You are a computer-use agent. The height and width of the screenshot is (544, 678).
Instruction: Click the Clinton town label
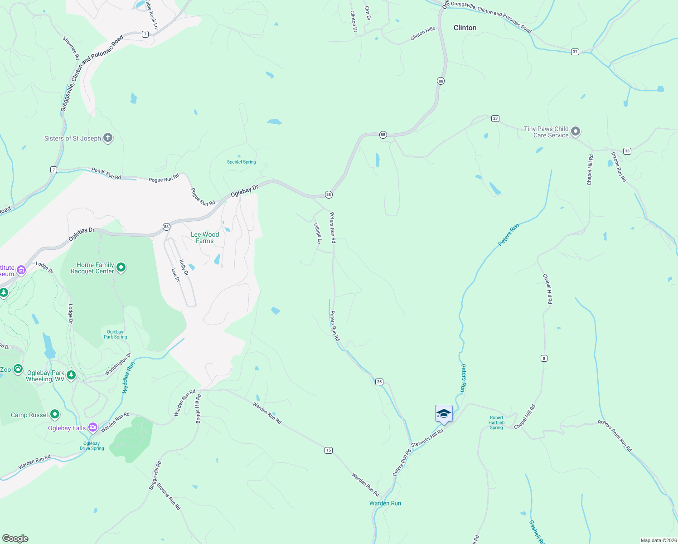(x=465, y=28)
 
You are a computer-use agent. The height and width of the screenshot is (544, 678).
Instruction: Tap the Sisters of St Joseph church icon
(x=107, y=138)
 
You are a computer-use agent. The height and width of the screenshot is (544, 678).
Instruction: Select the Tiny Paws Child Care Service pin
(x=576, y=131)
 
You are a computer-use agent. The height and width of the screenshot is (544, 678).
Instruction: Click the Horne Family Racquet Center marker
(x=121, y=267)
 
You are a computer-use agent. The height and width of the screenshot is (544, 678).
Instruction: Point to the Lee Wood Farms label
(x=205, y=238)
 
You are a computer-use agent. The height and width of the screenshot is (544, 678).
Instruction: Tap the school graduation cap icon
(x=444, y=413)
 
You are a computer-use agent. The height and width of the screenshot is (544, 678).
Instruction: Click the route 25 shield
(x=379, y=382)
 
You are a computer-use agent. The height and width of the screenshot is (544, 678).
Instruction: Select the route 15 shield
(x=329, y=450)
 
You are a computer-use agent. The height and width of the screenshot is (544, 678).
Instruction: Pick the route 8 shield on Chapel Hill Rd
(x=544, y=359)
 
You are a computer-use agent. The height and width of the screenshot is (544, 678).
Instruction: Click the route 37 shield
(x=575, y=52)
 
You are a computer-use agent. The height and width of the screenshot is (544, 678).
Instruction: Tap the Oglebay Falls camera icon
(x=93, y=427)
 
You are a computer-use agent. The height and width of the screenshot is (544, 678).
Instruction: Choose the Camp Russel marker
(x=55, y=414)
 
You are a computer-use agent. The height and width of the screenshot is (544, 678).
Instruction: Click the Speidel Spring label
(x=242, y=162)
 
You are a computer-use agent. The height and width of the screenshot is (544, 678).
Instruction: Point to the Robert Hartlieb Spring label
(x=496, y=423)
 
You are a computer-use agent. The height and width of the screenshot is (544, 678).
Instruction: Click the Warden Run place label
(x=385, y=503)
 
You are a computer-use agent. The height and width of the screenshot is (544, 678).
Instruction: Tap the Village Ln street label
(x=318, y=233)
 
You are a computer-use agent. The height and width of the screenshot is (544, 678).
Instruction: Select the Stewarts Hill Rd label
(x=427, y=438)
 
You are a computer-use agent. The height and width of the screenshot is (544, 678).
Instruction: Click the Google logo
(x=15, y=539)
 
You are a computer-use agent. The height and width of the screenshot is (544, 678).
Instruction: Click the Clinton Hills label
(x=422, y=34)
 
